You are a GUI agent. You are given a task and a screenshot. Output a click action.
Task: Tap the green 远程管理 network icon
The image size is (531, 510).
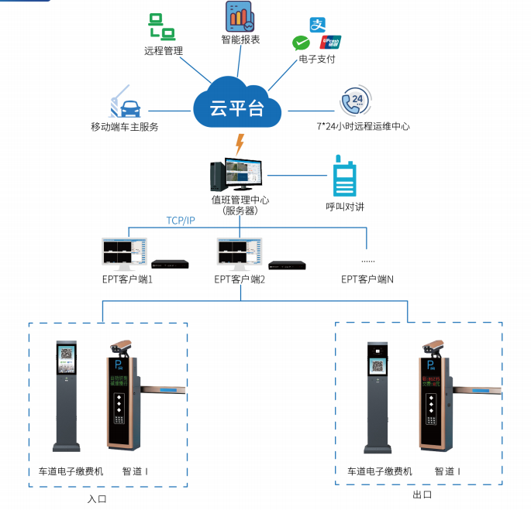(161, 28)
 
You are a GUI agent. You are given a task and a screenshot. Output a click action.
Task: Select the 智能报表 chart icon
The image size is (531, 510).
(240, 16)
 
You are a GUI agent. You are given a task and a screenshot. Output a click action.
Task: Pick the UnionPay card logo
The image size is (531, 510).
(329, 42)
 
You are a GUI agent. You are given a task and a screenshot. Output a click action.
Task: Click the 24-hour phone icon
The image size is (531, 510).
(355, 101)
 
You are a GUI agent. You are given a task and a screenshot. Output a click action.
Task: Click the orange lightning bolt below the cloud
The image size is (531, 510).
(240, 144)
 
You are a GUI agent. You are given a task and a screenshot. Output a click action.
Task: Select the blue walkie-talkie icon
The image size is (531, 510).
(343, 177)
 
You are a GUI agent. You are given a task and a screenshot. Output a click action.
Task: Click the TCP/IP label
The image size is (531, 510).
(181, 221)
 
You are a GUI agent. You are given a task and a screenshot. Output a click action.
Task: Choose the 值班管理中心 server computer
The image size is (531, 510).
(236, 176)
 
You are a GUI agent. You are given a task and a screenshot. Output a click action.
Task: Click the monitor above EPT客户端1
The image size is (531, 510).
(123, 252)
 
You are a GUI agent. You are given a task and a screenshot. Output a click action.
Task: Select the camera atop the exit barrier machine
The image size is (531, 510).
(430, 346)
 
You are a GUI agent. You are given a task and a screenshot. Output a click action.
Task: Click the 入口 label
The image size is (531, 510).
(98, 498)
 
